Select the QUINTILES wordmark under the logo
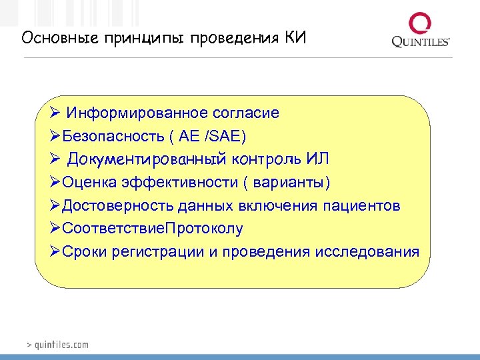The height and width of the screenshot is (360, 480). pos(421,43)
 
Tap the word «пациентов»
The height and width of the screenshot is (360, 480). pos(362,206)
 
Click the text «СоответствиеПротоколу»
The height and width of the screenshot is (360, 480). pos(152,229)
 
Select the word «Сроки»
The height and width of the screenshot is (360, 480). pos(86,252)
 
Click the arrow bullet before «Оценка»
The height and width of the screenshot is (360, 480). pos(55,183)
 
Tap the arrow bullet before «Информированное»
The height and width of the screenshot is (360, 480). pos(55,113)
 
